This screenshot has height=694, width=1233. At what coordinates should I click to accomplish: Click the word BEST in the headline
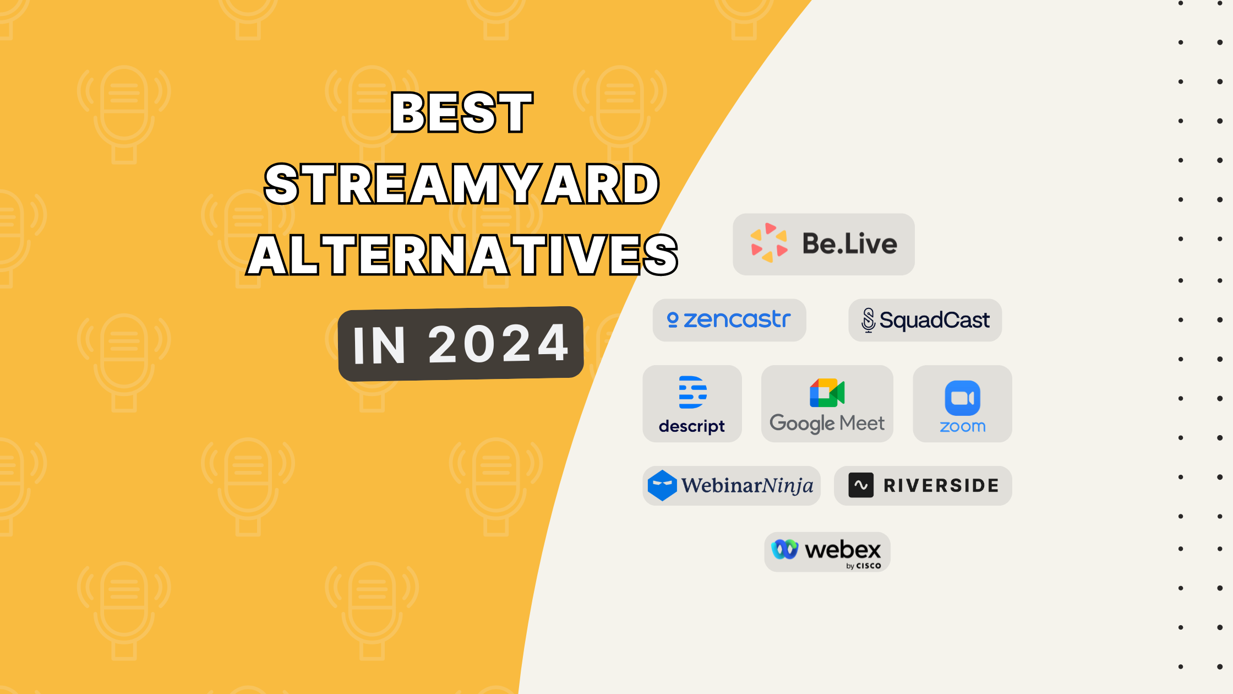pyautogui.click(x=462, y=112)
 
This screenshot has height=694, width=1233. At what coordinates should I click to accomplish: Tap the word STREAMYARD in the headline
pyautogui.click(x=462, y=184)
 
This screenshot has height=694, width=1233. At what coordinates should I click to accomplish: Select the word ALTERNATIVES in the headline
pyautogui.click(x=462, y=255)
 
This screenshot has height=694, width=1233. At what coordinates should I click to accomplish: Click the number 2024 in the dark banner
pyautogui.click(x=498, y=344)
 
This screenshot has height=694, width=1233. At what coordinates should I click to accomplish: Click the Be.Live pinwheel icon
pyautogui.click(x=769, y=243)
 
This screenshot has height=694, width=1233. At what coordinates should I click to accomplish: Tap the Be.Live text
pyautogui.click(x=850, y=244)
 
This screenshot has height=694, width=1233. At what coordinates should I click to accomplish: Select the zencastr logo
pyautogui.click(x=729, y=319)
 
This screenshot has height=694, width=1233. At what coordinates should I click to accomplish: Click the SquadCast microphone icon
pyautogui.click(x=869, y=320)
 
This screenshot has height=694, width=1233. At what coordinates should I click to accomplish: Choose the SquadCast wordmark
pyautogui.click(x=935, y=320)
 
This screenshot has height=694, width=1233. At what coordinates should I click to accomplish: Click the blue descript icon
pyautogui.click(x=692, y=392)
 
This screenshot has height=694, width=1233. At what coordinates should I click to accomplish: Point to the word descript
pyautogui.click(x=692, y=426)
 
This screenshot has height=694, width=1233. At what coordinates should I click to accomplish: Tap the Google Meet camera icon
pyautogui.click(x=827, y=393)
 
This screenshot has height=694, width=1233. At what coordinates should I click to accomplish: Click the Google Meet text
pyautogui.click(x=827, y=424)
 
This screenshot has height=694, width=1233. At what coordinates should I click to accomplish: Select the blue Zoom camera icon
pyautogui.click(x=963, y=398)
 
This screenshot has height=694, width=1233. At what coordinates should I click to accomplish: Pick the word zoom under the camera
pyautogui.click(x=963, y=427)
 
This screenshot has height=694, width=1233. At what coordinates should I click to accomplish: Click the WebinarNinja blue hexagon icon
pyautogui.click(x=662, y=485)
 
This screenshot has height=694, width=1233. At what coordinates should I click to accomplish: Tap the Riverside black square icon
pyautogui.click(x=861, y=485)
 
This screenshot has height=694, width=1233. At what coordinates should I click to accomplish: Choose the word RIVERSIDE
pyautogui.click(x=941, y=485)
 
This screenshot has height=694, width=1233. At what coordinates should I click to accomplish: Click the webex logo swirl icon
pyautogui.click(x=785, y=549)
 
